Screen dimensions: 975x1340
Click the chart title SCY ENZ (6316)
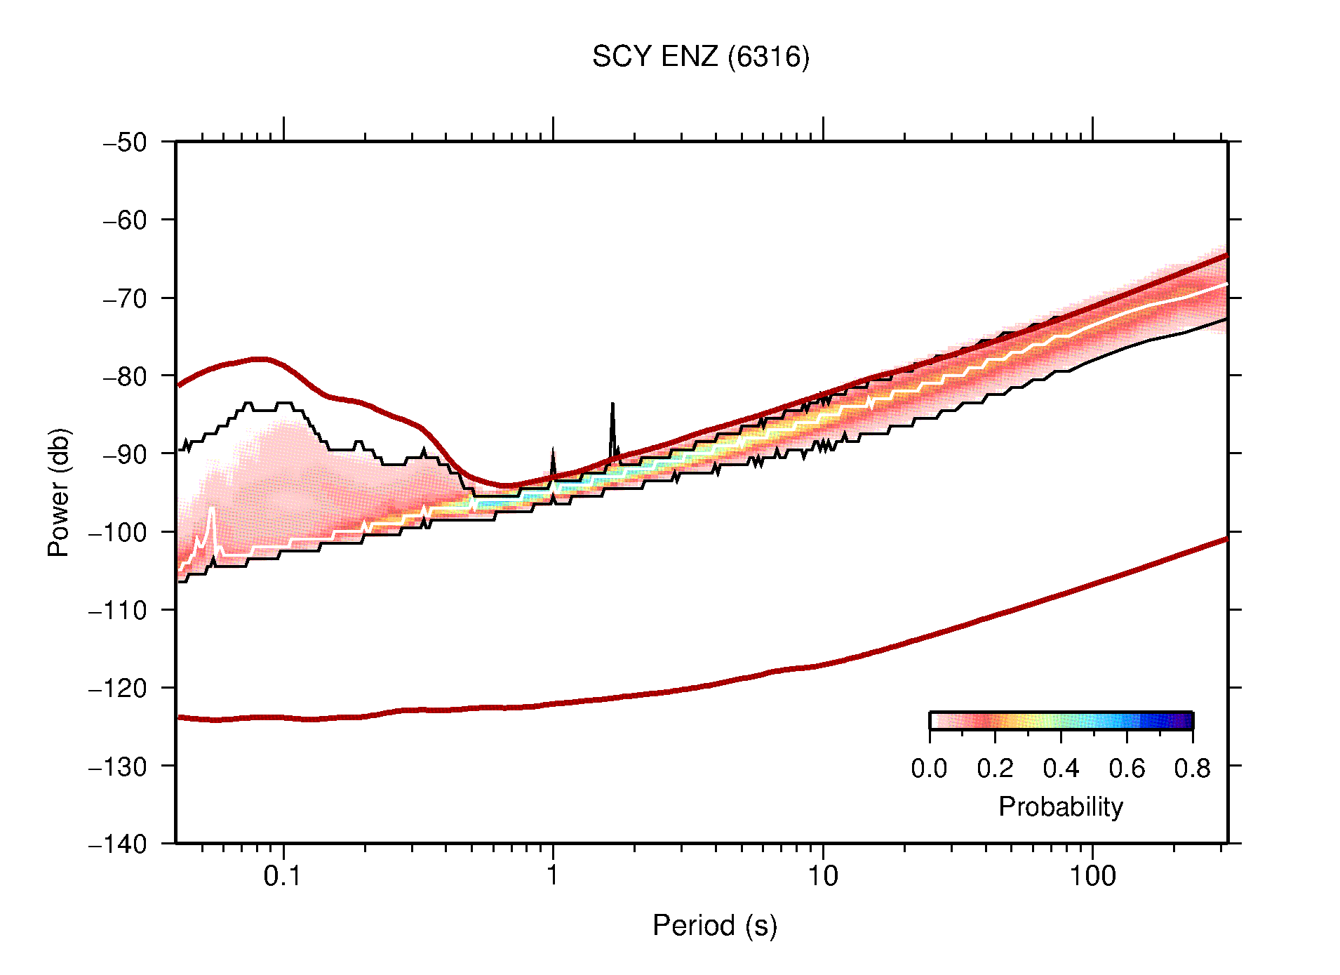coord(700,57)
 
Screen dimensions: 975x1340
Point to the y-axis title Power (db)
coord(59,492)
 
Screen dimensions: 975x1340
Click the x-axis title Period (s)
coord(714,926)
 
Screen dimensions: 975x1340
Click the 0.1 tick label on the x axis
coord(282,876)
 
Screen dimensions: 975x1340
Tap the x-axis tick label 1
coord(553,876)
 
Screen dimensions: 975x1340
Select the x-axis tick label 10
coord(822,876)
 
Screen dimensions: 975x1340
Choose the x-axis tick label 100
coord(1092,876)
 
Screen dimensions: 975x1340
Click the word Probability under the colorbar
coord(1060,807)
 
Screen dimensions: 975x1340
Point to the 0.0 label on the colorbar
coord(929,769)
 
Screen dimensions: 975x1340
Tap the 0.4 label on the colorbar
coord(1061,769)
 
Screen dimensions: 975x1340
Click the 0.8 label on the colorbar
coord(1192,769)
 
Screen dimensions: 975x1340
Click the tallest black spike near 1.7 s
coord(612,406)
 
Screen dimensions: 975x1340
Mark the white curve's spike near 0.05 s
coord(212,508)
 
